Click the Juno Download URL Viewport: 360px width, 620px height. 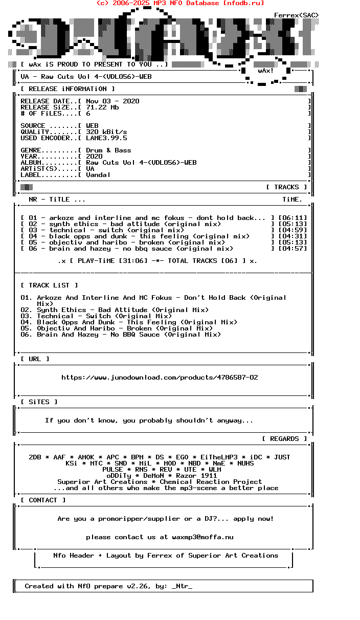(160, 378)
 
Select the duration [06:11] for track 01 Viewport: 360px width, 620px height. (292, 218)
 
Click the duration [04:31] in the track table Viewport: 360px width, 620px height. (292, 236)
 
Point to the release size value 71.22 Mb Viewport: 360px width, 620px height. (102, 107)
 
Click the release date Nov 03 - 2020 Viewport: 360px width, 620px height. (112, 101)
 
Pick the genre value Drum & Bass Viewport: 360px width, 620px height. (108, 150)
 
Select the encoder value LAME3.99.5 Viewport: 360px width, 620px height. (106, 138)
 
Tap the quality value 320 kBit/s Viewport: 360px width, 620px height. (106, 132)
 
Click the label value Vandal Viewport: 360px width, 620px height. (98, 175)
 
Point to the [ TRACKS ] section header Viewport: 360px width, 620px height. (286, 187)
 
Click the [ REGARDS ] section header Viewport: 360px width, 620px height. (284, 439)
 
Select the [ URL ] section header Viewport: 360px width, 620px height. (35, 359)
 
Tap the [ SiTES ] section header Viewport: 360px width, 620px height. (39, 402)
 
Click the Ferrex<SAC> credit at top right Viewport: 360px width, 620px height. (297, 15)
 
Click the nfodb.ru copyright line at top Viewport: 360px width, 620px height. (180, 3)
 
